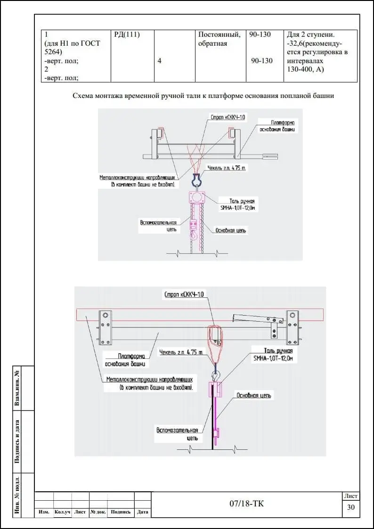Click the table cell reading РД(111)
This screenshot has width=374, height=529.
coord(127,34)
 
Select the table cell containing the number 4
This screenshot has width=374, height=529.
coord(159,61)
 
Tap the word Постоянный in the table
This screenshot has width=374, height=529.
coord(219,34)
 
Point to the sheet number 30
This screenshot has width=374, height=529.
coord(350,507)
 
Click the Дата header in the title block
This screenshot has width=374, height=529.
coord(142,512)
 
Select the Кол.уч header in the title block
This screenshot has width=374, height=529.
coord(62,512)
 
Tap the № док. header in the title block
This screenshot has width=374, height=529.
coord(98,512)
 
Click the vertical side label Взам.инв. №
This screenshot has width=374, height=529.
coord(17,388)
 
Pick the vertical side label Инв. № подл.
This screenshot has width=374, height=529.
coord(17,495)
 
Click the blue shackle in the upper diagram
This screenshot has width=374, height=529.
coord(196,180)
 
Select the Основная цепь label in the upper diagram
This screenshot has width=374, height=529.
coord(230,230)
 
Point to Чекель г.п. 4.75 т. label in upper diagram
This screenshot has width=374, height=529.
coord(227,168)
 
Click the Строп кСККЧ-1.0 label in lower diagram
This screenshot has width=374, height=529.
coord(184,295)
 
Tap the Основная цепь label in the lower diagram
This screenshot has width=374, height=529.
coord(253,396)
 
